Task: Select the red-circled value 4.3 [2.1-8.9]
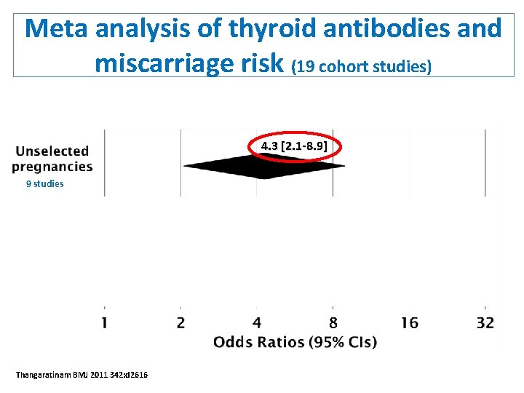294,147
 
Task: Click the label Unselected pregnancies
52,159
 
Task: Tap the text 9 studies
44,184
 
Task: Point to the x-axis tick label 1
104,322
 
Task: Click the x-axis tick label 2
180,322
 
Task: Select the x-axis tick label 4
257,322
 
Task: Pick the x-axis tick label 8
333,322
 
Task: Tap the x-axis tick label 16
409,322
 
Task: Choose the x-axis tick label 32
485,322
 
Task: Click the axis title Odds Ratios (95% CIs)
295,342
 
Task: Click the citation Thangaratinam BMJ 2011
82,374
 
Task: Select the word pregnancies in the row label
52,167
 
